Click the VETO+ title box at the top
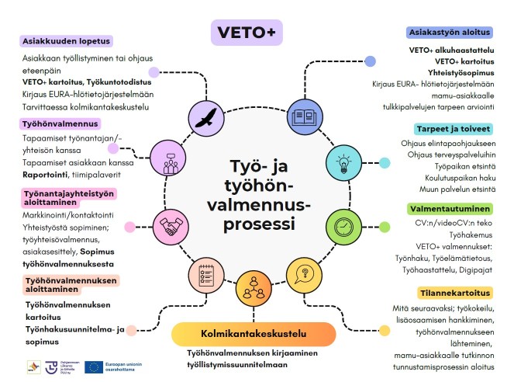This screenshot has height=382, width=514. (x=247, y=33)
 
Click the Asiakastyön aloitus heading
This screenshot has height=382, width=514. (x=449, y=33)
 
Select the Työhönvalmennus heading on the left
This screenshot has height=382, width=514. (x=60, y=123)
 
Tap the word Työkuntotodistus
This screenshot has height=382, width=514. (x=120, y=81)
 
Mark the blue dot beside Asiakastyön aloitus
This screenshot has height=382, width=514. (x=371, y=61)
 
